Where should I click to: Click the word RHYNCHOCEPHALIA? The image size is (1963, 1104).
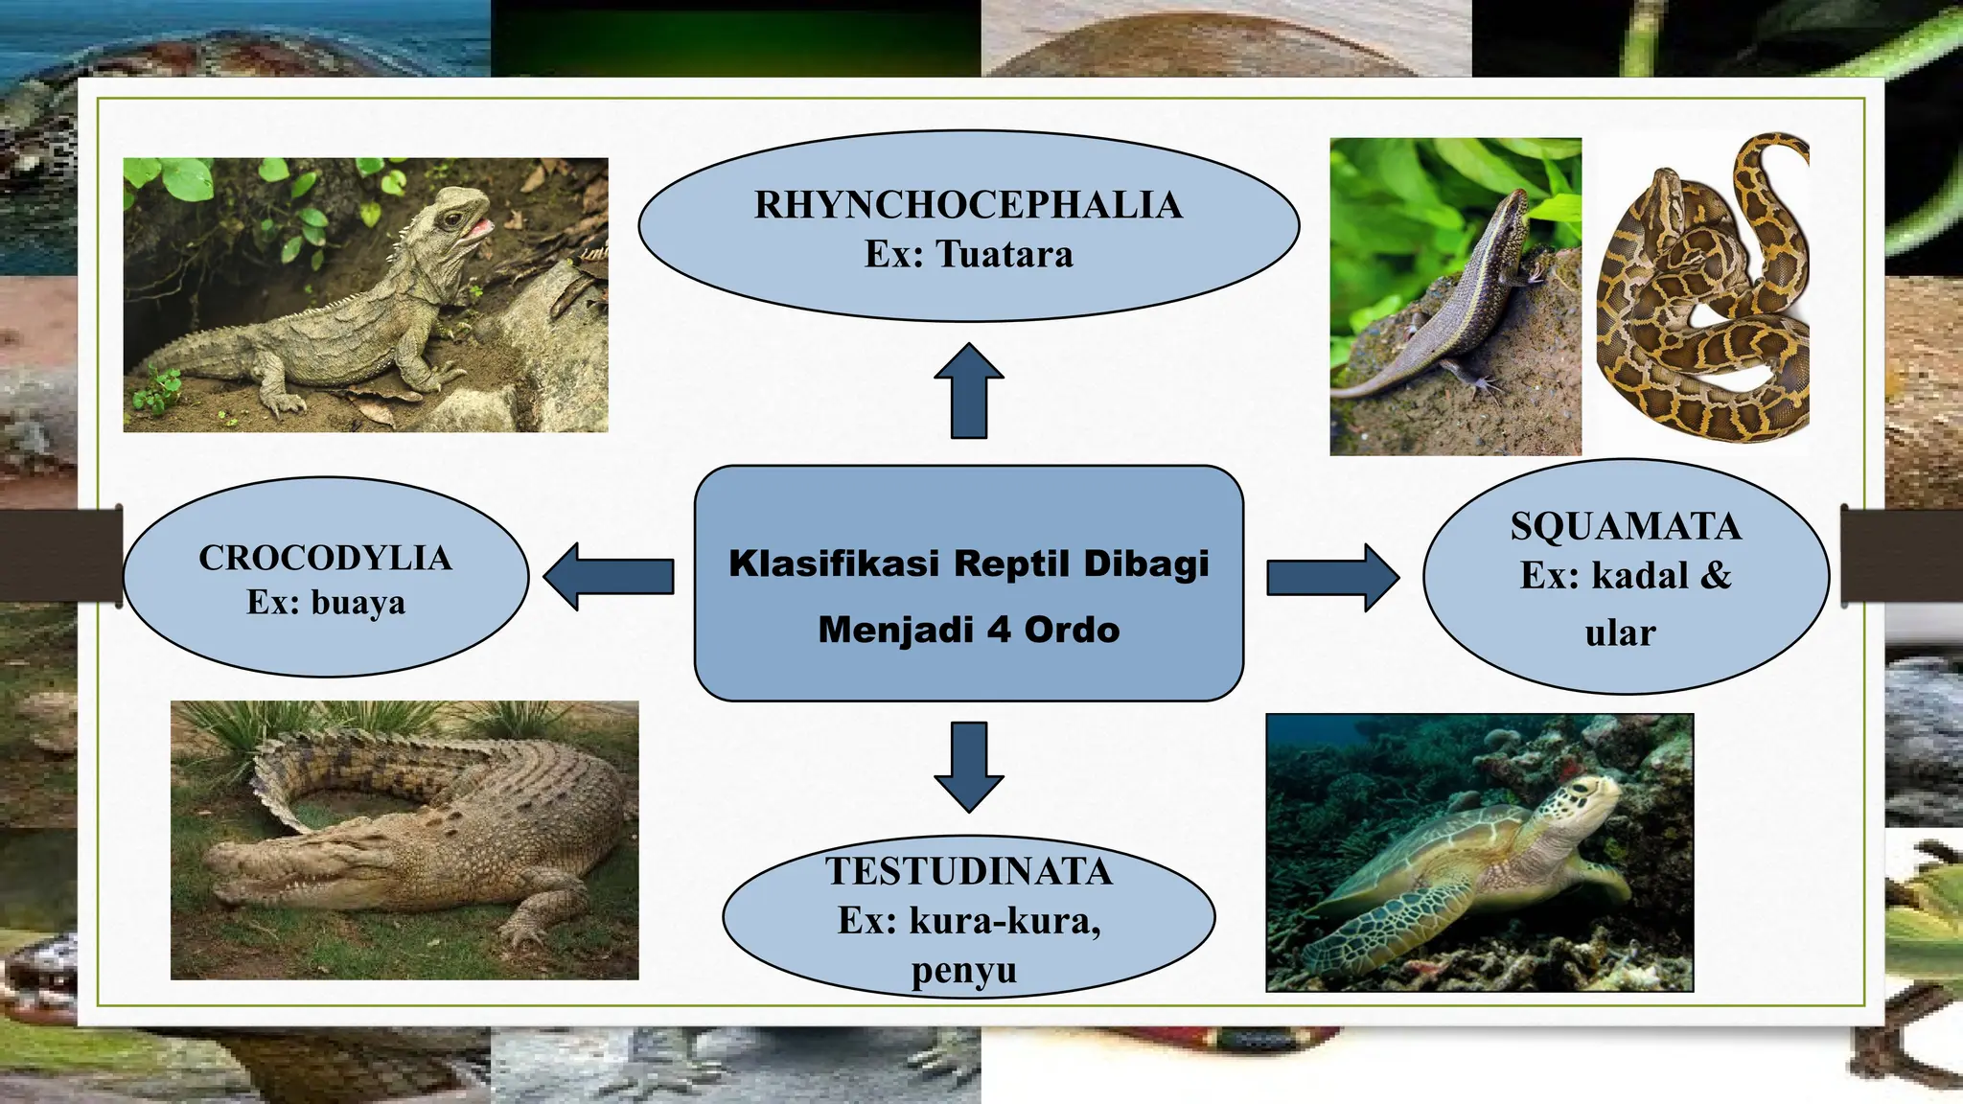click(x=968, y=205)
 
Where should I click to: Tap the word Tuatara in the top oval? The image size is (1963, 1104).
click(x=1005, y=255)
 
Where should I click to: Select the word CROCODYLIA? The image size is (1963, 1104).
click(x=325, y=558)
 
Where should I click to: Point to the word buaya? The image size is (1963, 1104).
click(x=358, y=603)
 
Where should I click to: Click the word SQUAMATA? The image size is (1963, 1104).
click(x=1626, y=526)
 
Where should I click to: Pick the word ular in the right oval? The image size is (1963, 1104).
click(x=1620, y=632)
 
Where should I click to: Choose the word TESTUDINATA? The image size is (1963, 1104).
click(x=968, y=871)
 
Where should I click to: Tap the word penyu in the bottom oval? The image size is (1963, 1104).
click(x=963, y=970)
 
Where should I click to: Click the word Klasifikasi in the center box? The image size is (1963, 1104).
click(x=833, y=563)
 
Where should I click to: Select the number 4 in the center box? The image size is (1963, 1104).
click(x=999, y=630)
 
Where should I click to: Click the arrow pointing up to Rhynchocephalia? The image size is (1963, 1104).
click(x=969, y=390)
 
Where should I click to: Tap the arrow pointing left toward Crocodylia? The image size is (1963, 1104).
click(x=608, y=576)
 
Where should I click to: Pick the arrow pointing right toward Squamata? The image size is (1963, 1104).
click(x=1332, y=577)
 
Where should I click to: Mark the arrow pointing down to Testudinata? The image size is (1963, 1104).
click(x=969, y=767)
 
